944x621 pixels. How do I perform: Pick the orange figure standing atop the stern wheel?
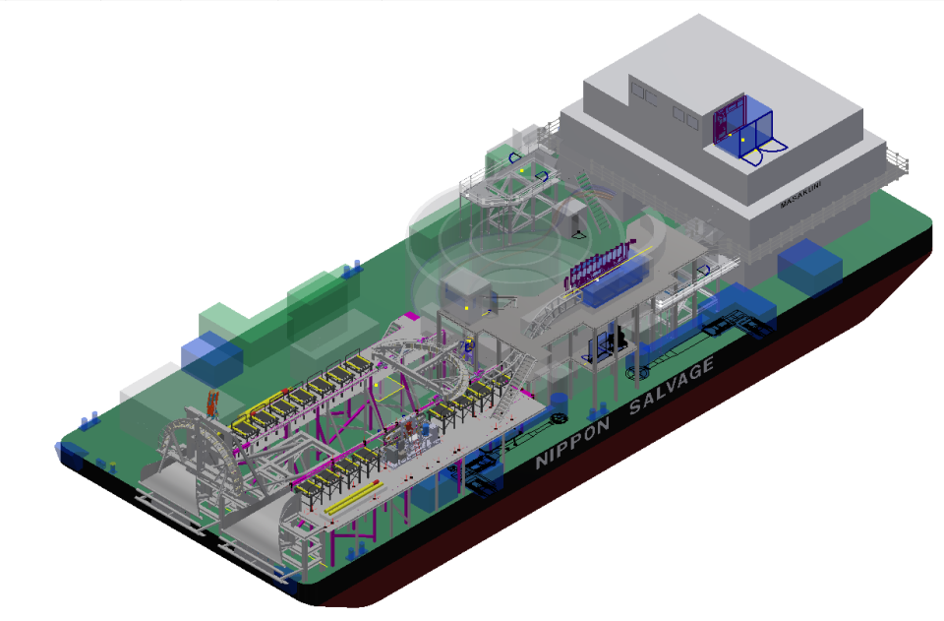tap(211, 404)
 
